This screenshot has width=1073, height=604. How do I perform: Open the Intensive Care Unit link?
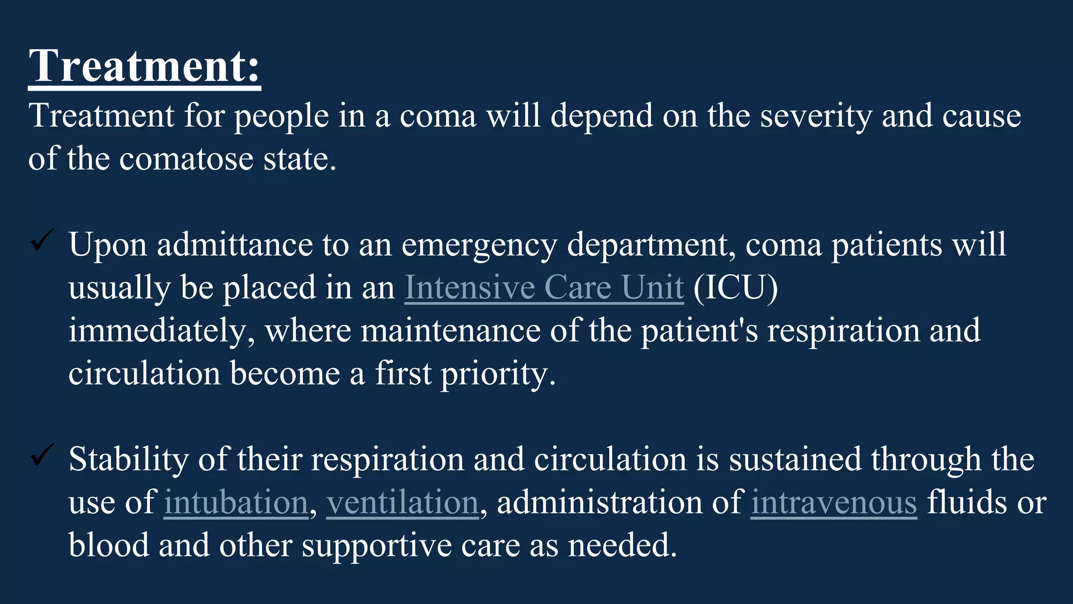coord(544,287)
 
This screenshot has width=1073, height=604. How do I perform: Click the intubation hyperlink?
coord(236,502)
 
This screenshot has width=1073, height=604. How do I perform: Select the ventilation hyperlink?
coord(402,502)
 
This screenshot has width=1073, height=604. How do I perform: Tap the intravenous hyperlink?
coord(834,502)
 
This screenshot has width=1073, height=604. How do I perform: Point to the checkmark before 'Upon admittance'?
coord(42,240)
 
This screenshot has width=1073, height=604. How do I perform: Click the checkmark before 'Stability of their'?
coord(42,455)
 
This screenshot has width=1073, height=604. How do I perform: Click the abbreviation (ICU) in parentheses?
coord(736,287)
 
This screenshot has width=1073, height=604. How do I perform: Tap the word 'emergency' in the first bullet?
coord(479,245)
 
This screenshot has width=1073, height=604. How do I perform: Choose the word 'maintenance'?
coord(451,331)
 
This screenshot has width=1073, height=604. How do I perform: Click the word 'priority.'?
coord(498,374)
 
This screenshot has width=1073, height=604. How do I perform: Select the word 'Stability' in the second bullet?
coord(128,459)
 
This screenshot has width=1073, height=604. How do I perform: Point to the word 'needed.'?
coord(622,545)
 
